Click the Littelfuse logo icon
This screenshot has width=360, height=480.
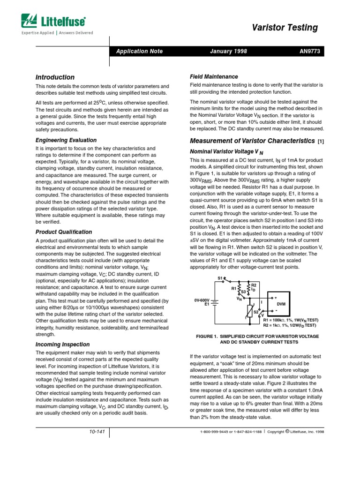coord(29,21)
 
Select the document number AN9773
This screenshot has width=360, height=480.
coord(309,51)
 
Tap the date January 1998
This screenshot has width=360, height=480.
coord(228,51)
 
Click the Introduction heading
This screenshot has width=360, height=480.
coord(55,77)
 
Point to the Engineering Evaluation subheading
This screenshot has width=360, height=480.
coord(66,140)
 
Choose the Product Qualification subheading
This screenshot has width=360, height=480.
coord(64,232)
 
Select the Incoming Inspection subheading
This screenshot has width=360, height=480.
coord(61,345)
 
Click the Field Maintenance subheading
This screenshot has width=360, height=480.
coord(214,76)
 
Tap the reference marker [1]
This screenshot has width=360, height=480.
coord(321,141)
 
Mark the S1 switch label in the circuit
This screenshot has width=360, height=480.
coord(219,278)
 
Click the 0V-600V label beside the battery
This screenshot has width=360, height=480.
coord(202,300)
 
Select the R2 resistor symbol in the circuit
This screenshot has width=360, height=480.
coord(249,287)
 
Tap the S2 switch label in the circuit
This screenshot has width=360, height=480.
coord(256,311)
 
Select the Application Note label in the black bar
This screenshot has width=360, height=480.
coord(139,51)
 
